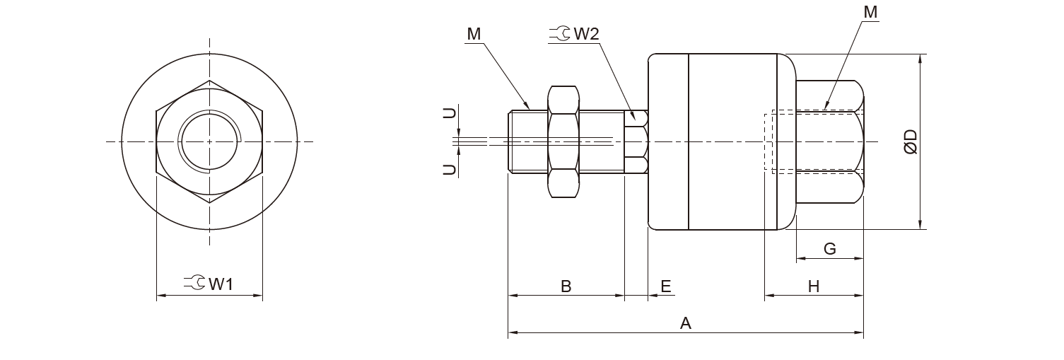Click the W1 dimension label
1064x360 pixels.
coord(221,284)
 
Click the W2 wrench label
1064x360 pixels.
coord(585,34)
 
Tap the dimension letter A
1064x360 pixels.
coord(684,323)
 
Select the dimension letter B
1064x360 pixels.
coord(566,286)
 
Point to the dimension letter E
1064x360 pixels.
coord(665,286)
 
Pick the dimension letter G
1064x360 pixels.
coord(830,248)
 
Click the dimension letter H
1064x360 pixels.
coord(814,286)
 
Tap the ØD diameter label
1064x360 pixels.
coord(911,141)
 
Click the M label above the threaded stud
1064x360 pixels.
coord(474,34)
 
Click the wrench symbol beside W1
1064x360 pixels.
coord(194,284)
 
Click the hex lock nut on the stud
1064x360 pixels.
coord(563,141)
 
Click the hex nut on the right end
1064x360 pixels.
coord(829,141)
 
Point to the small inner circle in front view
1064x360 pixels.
coord(209,141)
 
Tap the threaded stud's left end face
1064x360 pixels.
coord(509,141)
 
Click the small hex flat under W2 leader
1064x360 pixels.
coord(636,141)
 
